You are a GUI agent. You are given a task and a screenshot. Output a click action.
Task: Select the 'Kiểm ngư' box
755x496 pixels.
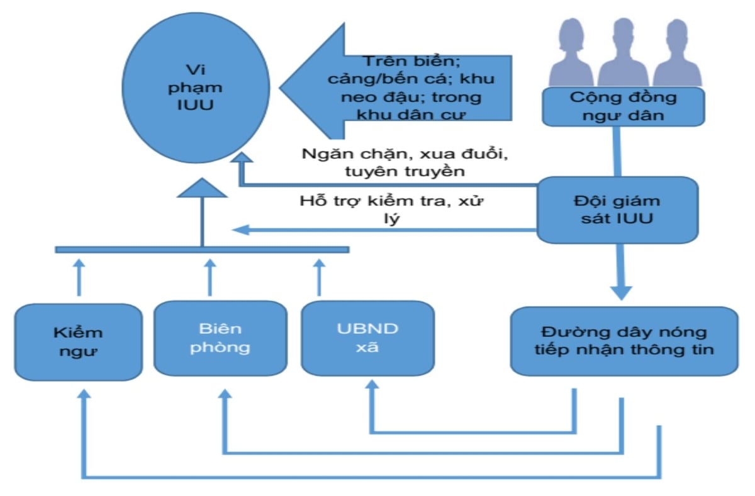(78, 342)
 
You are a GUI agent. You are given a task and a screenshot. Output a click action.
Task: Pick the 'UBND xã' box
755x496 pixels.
(367, 338)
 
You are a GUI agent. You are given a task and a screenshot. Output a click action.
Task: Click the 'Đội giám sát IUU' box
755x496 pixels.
(617, 210)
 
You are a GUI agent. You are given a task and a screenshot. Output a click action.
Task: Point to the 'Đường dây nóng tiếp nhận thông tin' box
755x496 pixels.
(624, 341)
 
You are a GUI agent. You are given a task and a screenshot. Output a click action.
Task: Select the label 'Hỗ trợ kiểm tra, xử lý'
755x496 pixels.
(393, 210)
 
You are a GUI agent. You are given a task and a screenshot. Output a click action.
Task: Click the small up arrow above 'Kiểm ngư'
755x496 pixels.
(79, 276)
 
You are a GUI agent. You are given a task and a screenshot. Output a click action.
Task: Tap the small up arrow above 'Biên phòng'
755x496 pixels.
(210, 276)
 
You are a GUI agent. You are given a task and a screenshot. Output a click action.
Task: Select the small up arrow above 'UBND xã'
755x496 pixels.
(318, 276)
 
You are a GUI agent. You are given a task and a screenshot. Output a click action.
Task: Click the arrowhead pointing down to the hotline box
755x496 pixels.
(622, 291)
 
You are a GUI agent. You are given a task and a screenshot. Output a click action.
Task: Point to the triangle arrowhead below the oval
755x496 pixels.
(201, 188)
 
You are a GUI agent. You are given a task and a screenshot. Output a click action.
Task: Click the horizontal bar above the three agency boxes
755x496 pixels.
(201, 249)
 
